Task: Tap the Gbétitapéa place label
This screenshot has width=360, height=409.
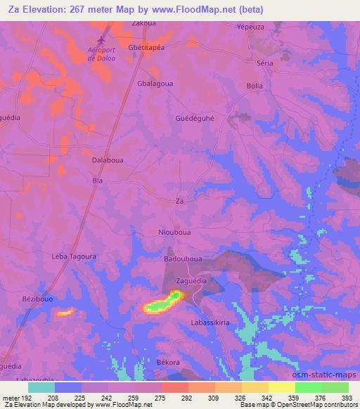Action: click(x=146, y=47)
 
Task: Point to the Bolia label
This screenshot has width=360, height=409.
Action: click(x=255, y=86)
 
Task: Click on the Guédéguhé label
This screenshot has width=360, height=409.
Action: click(x=194, y=119)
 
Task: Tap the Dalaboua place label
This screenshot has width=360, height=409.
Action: click(x=108, y=160)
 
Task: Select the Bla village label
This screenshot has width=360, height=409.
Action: click(x=98, y=181)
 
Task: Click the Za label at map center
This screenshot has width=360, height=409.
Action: click(x=179, y=201)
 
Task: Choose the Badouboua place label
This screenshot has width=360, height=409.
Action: click(x=183, y=259)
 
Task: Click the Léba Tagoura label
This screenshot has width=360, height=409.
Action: click(x=74, y=257)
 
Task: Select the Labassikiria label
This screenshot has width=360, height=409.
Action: click(x=210, y=322)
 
